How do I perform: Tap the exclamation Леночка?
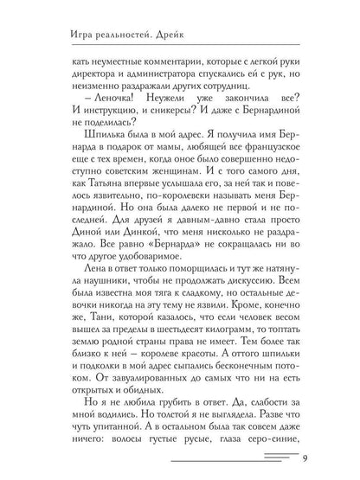(x=98, y=118)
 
